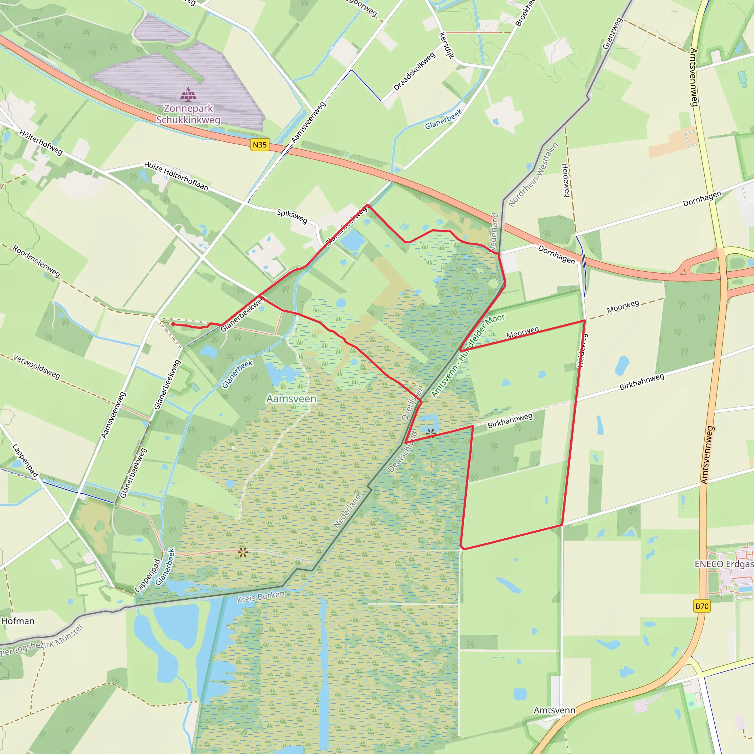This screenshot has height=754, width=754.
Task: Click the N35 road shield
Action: tap(260, 145)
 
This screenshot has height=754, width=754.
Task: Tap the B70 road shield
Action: tap(702, 606)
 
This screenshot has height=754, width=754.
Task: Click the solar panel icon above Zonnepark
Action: tap(188, 94)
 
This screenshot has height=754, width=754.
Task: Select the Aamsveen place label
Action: tap(291, 398)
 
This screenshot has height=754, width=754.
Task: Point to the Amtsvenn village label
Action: tap(554, 710)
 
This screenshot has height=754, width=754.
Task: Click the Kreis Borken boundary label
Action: tap(261, 597)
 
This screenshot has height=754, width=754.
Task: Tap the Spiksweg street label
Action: tap(292, 216)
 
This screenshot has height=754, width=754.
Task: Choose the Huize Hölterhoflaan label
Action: tap(176, 176)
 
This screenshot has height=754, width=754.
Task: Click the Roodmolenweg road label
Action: tap(36, 261)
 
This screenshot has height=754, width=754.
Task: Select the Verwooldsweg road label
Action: tap(37, 366)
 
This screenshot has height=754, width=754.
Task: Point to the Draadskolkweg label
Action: tap(414, 72)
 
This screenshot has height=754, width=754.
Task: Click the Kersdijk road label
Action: tap(447, 45)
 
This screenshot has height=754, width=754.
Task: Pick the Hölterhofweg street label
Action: tap(40, 142)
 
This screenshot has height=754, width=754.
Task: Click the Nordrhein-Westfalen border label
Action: tap(533, 175)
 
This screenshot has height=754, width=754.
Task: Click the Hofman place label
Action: tap(18, 621)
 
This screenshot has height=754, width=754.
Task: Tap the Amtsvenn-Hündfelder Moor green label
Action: tap(468, 356)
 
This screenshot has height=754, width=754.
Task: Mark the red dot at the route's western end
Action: tap(173, 324)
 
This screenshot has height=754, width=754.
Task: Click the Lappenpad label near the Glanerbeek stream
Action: tap(147, 576)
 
